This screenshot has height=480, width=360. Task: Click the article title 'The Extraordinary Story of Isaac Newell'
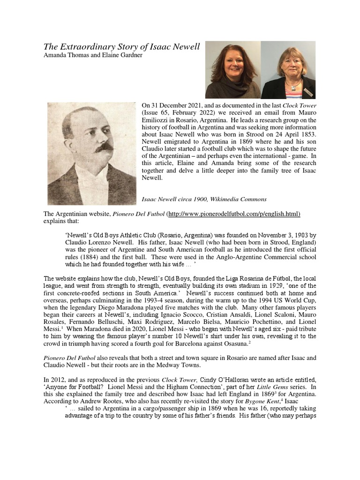click(x=121, y=46)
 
